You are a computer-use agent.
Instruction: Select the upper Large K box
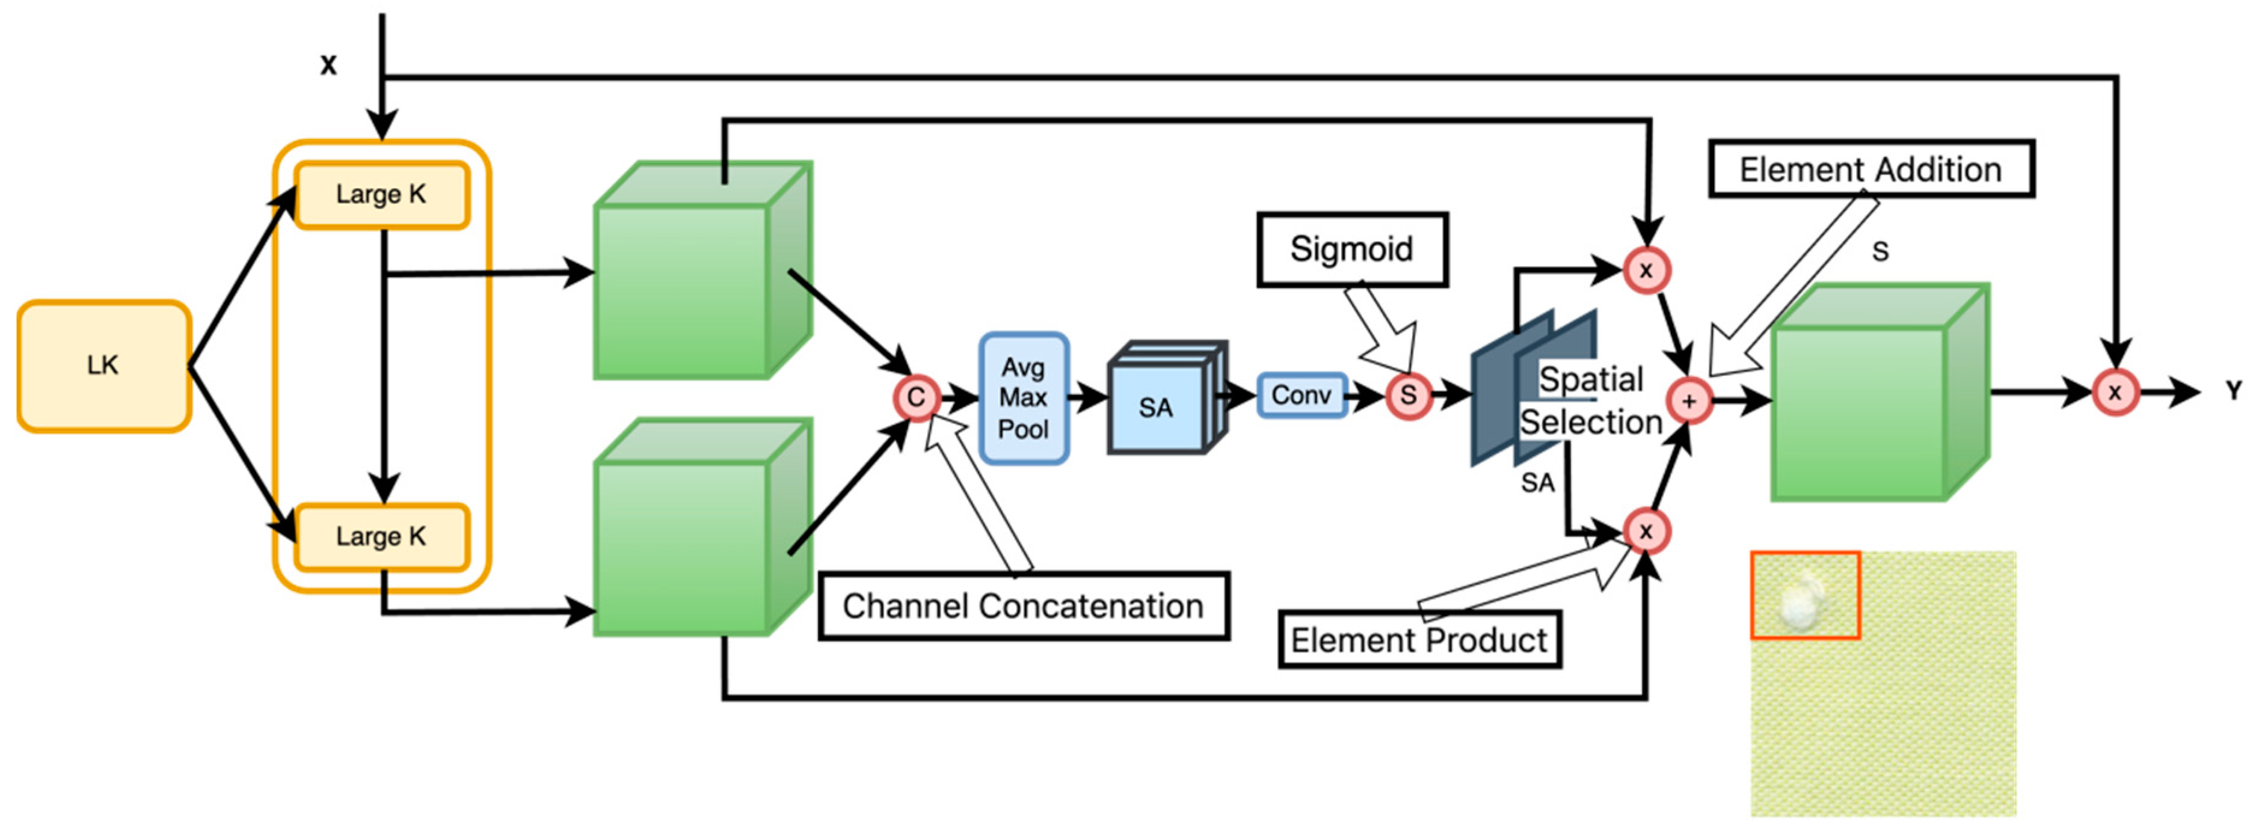tap(382, 195)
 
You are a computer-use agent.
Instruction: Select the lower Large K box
tap(382, 536)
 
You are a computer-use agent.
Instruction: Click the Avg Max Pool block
tap(1024, 399)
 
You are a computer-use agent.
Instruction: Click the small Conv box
tap(1302, 395)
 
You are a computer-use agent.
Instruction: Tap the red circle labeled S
tap(1408, 395)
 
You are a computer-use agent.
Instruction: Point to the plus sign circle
tap(1689, 401)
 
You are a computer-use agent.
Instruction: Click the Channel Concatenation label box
tap(1023, 606)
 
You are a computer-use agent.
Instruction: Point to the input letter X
tap(328, 66)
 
